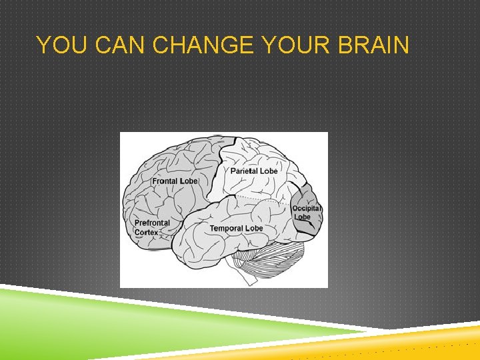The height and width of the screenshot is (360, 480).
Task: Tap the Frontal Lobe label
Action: tap(175, 181)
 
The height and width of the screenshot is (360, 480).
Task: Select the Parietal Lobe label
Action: tap(254, 171)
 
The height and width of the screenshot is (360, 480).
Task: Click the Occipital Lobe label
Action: tap(307, 212)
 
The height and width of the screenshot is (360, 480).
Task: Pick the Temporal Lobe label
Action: tap(236, 228)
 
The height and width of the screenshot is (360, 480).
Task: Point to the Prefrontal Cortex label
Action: tap(152, 227)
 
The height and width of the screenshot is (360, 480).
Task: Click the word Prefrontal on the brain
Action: tap(152, 223)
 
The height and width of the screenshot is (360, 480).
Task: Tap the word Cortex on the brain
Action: tap(146, 232)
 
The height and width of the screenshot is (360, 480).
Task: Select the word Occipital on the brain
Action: tap(307, 208)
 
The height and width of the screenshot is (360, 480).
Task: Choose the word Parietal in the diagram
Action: tap(244, 171)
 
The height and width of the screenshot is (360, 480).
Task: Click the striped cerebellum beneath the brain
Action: tap(273, 260)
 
